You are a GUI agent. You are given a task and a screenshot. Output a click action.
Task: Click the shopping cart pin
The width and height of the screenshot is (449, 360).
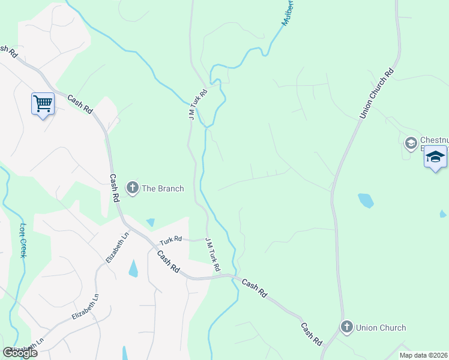pos(43,104)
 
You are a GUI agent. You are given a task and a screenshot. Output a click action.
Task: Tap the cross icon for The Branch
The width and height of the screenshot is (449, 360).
pos(132,188)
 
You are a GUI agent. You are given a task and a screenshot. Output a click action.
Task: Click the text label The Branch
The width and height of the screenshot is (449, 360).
pos(162,188)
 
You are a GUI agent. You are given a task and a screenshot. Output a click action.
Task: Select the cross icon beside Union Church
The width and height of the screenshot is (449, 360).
pos(346,327)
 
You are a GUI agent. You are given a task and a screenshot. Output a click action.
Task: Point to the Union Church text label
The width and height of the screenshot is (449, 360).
pos(381,328)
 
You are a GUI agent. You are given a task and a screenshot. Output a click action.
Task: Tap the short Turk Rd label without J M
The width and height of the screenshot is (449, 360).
pos(170,241)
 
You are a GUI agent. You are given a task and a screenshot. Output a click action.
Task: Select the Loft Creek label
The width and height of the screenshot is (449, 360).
pos(23,240)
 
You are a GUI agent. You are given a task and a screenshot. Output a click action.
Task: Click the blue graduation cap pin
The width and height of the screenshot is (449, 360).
pos(435,157)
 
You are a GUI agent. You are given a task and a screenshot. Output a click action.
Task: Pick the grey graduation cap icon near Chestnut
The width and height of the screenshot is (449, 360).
pos(411,143)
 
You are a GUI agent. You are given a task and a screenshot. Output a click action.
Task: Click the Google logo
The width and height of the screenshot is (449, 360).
pos(20,352)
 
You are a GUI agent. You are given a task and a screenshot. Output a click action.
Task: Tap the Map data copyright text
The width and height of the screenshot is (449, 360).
pos(424,355)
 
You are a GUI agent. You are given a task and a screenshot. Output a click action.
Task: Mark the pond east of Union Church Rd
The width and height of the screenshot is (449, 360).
pos(366,200)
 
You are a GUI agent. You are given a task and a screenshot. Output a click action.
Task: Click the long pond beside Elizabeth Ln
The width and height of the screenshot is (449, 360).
pos(133,268)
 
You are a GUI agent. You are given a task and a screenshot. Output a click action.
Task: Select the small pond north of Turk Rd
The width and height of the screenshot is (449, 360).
pos(150,223)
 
